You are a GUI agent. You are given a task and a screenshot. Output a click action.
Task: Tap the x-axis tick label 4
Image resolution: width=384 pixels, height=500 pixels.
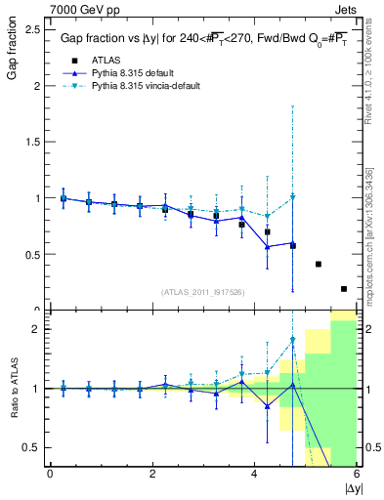pos(254,475)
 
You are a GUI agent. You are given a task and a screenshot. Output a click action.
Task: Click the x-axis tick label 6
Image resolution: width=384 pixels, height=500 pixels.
pos(357,475)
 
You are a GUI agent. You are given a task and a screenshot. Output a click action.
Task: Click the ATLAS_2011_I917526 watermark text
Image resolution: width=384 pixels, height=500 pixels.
pos(202,292)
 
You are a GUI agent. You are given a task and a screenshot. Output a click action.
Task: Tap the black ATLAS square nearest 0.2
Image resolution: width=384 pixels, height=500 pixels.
pos(343,288)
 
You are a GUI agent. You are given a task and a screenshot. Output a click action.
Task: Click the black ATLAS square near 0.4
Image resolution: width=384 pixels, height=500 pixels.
pos(318,264)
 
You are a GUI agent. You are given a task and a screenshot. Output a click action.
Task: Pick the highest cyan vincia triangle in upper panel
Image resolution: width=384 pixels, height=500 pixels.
pos(292,197)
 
